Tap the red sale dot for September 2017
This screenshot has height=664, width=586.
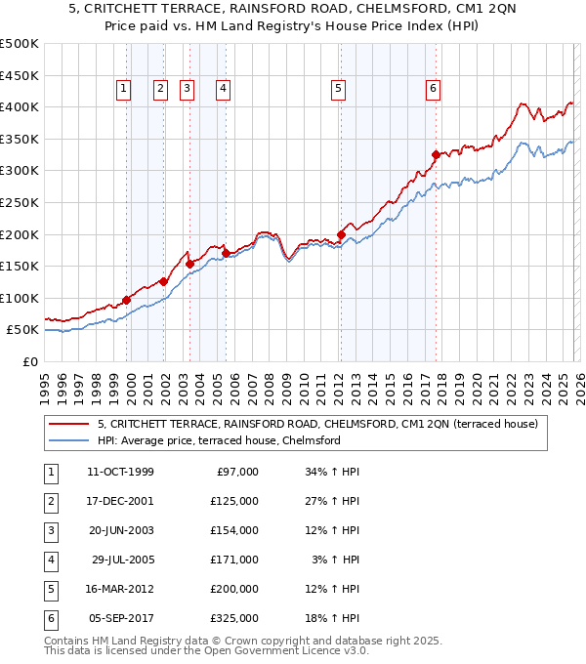(436, 153)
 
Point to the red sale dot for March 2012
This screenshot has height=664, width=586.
(341, 234)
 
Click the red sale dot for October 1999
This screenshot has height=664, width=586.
(127, 300)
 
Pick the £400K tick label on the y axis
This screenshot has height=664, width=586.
(20, 106)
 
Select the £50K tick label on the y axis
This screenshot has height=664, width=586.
(23, 330)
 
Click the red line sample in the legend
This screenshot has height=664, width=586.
(68, 424)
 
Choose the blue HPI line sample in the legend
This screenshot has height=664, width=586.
(68, 440)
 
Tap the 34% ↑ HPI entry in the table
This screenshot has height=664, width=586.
(332, 472)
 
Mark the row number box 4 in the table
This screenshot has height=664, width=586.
(50, 560)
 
